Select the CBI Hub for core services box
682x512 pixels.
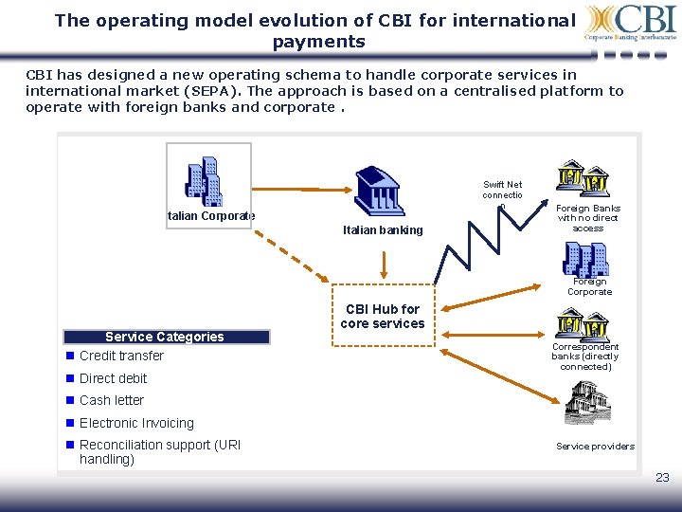pos(383,316)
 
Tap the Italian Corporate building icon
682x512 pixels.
pos(203,179)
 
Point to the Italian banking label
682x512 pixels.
pos(383,230)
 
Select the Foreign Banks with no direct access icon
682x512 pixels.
pos(583,178)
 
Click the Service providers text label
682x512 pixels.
pos(595,447)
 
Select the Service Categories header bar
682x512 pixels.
pos(166,337)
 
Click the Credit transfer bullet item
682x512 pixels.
pos(121,357)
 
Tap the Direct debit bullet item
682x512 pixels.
pos(113,378)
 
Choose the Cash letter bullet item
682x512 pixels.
pos(111,400)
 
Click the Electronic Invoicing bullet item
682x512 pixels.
pos(136,423)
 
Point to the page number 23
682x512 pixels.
pos(662,478)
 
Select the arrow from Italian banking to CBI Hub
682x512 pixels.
pos(383,265)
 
